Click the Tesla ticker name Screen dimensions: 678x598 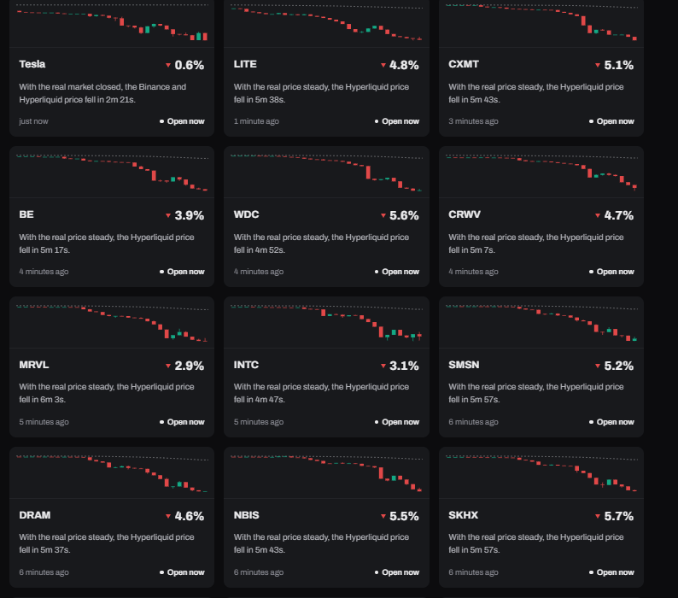click(x=32, y=64)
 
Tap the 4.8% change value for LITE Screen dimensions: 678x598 click(x=404, y=65)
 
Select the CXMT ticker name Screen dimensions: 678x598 click(x=464, y=64)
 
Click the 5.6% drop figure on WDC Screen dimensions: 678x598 click(x=404, y=215)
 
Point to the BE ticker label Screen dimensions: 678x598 click(x=26, y=214)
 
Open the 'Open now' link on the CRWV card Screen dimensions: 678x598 click(x=615, y=272)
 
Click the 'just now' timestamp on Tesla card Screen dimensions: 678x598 click(x=33, y=121)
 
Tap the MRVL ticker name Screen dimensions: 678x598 click(x=33, y=365)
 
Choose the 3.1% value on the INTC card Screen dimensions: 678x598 click(x=404, y=366)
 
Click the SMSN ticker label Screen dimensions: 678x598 click(x=464, y=365)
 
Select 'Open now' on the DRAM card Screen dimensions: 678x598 click(x=185, y=572)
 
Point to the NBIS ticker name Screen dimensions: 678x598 click(x=247, y=515)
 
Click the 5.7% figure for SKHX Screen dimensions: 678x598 click(x=618, y=516)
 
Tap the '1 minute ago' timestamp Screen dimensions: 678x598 click(x=256, y=121)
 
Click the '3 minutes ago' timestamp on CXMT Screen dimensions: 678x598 click(x=473, y=121)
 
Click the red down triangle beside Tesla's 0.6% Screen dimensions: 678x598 click(x=168, y=65)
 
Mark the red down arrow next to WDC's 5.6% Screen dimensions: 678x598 click(x=383, y=215)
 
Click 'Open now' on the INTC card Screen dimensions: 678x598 click(x=400, y=422)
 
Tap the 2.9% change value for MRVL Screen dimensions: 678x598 click(x=189, y=366)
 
